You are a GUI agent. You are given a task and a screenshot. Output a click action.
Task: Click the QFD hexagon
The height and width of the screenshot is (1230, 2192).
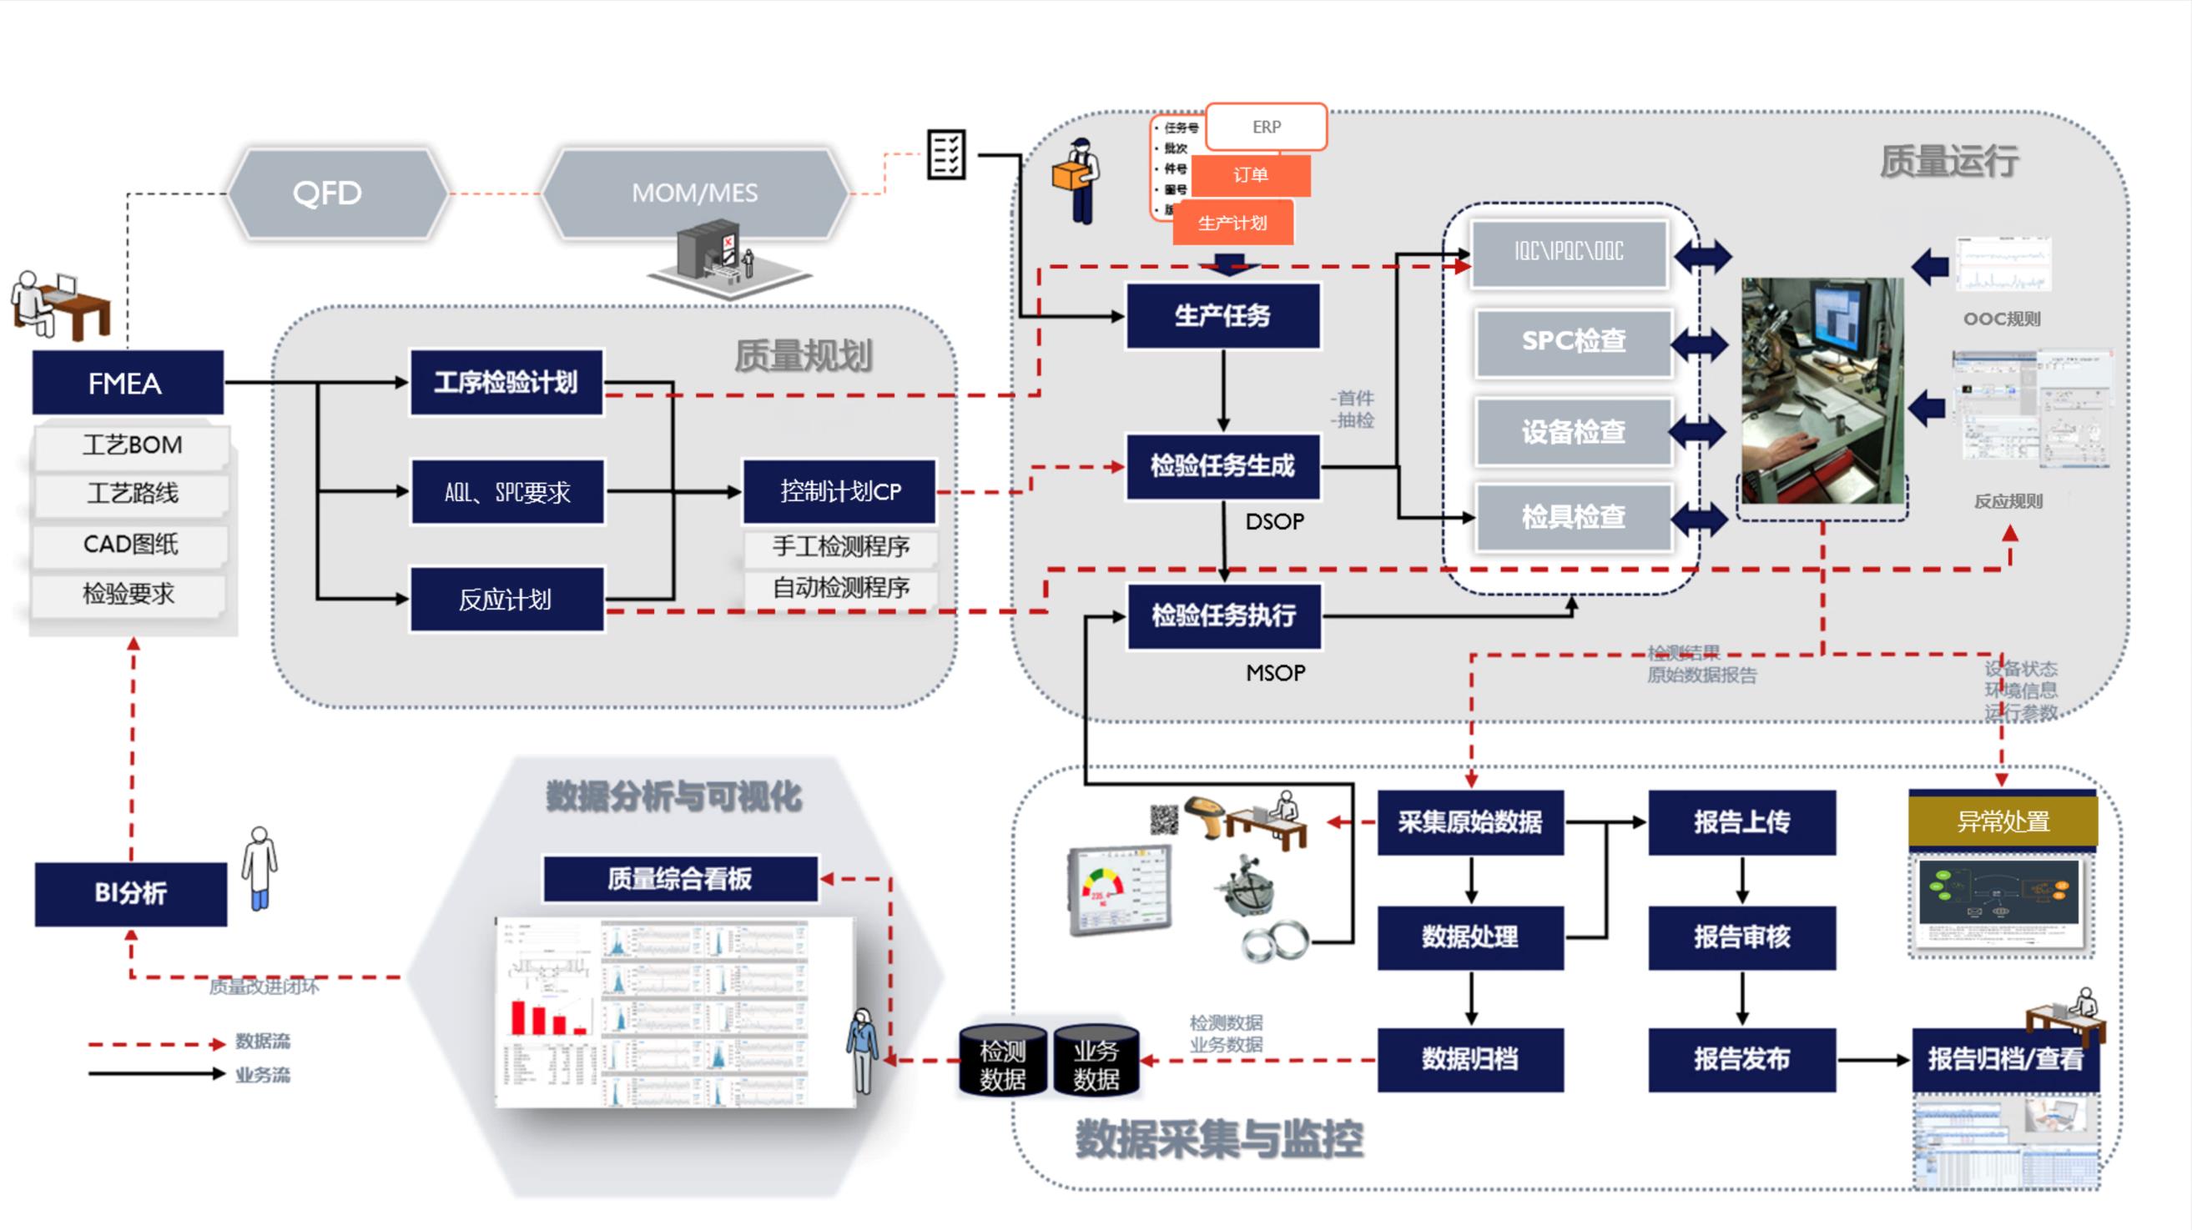328,193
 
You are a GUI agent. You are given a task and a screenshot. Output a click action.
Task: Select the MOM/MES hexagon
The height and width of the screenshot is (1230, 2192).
694,193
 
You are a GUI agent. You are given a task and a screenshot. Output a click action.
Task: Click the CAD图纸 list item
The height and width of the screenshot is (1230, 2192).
130,545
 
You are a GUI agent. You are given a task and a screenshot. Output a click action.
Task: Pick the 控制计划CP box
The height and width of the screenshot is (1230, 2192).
839,492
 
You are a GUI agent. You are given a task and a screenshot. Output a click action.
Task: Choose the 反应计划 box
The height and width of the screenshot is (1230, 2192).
506,600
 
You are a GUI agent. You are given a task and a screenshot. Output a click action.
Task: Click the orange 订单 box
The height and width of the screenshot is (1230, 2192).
1251,175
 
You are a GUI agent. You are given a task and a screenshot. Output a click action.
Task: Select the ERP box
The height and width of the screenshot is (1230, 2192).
1266,127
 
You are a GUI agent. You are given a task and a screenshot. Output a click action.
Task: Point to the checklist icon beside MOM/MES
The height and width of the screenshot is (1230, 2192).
945,154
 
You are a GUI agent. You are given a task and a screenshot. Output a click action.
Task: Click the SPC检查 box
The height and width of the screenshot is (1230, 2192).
1574,342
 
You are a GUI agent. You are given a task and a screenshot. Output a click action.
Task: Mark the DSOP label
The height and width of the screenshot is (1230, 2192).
1274,521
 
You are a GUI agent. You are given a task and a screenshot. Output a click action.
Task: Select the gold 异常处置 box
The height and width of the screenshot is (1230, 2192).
2003,821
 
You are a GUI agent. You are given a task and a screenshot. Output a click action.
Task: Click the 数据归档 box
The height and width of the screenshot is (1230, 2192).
1469,1059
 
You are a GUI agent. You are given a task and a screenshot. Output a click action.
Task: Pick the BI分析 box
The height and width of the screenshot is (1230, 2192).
130,893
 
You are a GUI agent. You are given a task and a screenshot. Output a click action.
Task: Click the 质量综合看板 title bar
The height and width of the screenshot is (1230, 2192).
680,879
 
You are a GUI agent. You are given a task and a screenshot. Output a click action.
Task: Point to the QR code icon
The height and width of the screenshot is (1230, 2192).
1164,819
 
